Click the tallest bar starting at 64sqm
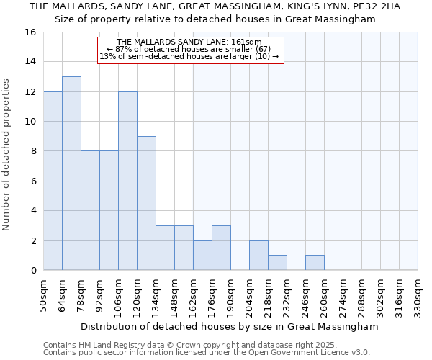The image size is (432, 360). coord(71,174)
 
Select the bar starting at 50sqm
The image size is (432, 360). coord(53,181)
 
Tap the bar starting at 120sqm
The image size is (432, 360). coord(146,203)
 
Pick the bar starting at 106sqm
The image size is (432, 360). coord(127,181)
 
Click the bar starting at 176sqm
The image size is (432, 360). coord(221,248)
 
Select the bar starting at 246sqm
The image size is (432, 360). coord(315,263)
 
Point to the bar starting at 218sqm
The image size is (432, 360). coord(277,263)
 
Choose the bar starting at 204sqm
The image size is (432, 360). coord(258,256)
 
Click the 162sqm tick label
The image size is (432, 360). coord(194,294)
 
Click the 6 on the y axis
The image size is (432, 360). coord(33,181)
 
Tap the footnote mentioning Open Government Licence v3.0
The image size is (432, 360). coord(207,352)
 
